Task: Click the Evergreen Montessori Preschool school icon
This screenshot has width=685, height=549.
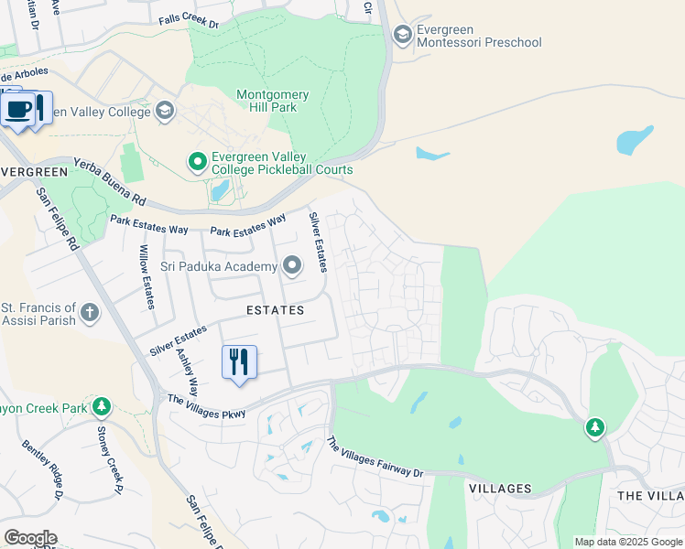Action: coord(402,35)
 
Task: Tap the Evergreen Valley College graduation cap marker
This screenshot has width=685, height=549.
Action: coord(165,112)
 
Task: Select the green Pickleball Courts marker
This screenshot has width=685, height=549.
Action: coord(197,162)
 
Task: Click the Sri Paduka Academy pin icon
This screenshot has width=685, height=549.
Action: coord(292,266)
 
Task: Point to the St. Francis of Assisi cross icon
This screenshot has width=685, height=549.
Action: coord(90,313)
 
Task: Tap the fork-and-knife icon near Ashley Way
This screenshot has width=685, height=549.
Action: coord(239,361)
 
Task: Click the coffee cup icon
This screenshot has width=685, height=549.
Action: coord(17,110)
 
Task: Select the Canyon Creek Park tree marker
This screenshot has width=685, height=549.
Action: coord(102,405)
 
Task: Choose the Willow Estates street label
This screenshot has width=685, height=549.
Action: coord(147,277)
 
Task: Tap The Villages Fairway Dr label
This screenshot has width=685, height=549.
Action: coord(375,457)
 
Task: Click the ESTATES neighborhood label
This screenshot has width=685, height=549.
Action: coord(275,310)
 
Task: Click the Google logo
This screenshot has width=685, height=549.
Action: coord(30,538)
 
